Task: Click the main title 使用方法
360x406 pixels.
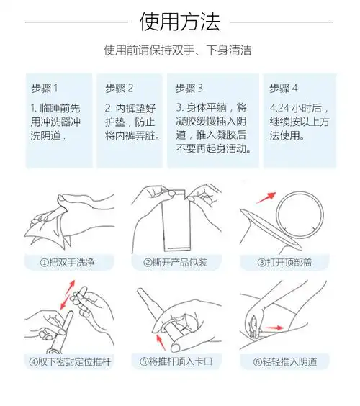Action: (180, 19)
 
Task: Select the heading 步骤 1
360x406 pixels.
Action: (45, 88)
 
